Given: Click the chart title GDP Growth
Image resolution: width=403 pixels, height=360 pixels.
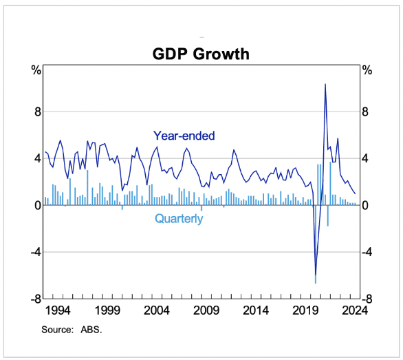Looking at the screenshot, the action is pos(201,54).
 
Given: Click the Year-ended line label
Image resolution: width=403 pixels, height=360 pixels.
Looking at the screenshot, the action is pos(184,136).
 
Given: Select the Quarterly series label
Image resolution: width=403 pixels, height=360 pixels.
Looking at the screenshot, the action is pos(179,219).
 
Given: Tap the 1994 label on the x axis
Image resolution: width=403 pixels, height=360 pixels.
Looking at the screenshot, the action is pos(58,310).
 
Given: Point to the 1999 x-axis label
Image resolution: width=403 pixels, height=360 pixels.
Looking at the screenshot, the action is pos(107,310).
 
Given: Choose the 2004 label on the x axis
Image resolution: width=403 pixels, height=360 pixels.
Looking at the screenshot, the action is pos(157,310).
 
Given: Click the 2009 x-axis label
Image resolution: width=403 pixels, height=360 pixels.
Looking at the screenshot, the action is pos(206,310).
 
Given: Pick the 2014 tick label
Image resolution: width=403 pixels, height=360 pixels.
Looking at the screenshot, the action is pos(256,310).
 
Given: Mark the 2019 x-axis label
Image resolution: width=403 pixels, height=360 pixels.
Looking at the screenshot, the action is pos(305,310).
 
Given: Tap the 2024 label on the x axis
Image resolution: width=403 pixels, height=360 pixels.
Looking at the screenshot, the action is pos(355,310).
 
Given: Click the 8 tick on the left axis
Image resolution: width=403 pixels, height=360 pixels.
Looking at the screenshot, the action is pos(38,112).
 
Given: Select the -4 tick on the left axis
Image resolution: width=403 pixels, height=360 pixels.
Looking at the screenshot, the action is pos(36,252).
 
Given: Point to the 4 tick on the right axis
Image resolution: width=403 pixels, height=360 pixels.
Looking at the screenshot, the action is pos(365,158).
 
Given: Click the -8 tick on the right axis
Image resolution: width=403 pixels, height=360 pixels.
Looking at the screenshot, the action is pos(367,299).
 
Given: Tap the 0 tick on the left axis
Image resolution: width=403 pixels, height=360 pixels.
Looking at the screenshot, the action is pos(38,205).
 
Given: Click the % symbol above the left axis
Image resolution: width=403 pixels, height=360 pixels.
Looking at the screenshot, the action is pos(36,70).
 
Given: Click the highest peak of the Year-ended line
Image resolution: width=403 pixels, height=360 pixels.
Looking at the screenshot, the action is pos(325,84).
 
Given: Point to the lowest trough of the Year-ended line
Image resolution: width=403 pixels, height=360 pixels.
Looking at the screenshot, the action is pos(316,275).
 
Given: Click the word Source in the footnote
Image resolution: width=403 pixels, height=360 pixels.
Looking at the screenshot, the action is pos(58,330).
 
